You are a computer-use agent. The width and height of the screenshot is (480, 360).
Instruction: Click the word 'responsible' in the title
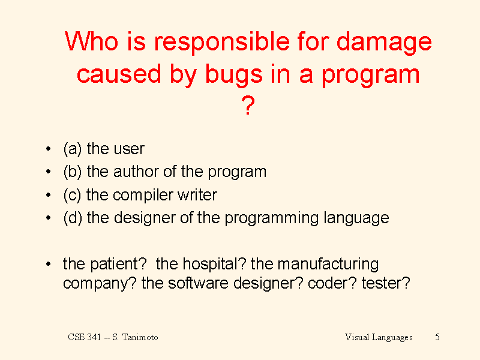pos(221,43)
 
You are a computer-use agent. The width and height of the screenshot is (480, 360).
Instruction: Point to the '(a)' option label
pos(73,149)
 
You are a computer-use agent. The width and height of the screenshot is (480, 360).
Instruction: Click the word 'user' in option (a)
pos(128,149)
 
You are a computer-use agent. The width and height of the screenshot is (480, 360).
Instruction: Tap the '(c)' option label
pos(72,195)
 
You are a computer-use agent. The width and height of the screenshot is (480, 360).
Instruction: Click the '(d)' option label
pos(73,218)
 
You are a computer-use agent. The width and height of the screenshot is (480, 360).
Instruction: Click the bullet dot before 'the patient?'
pos(48,264)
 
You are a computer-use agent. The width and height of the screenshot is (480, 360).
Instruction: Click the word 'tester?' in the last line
pos(386,283)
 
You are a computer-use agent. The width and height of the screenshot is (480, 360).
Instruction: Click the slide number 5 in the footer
pos(437,337)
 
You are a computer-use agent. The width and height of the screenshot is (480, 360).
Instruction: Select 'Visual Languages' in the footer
pos(379,338)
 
